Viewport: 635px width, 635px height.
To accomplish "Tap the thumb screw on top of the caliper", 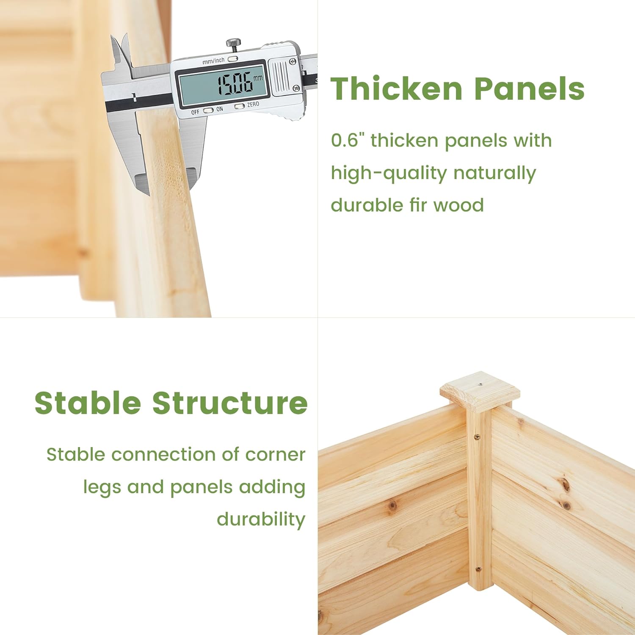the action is tap(233, 43).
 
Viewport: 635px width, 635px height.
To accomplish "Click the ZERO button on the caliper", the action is tap(240, 106).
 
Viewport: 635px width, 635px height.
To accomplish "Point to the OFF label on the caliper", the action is tap(195, 112).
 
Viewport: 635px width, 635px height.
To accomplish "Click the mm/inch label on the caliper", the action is tap(213, 61).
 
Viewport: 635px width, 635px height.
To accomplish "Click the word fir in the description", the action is tap(419, 205).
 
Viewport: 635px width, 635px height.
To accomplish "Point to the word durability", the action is tap(261, 519).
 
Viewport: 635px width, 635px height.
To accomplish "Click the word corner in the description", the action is tap(275, 455).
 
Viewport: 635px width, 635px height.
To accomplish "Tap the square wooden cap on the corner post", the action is tap(480, 390).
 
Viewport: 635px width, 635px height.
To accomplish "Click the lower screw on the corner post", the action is tap(478, 570).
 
